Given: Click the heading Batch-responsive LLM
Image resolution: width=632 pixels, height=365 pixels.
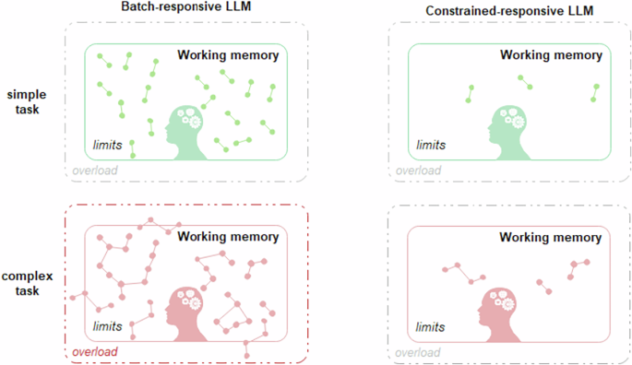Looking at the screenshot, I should (187, 8).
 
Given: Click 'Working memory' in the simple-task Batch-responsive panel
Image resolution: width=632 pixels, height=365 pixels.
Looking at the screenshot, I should (228, 55).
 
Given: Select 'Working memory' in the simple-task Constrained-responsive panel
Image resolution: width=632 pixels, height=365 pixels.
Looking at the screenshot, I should (551, 55).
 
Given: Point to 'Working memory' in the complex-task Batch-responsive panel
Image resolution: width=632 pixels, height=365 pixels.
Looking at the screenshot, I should (228, 237).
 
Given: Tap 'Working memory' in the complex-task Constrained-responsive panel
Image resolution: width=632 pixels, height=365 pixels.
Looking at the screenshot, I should (551, 237).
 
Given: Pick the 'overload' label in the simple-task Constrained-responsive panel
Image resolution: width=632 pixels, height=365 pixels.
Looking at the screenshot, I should (418, 171).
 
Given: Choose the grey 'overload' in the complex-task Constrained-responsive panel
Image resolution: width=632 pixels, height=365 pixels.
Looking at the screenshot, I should (418, 351).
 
